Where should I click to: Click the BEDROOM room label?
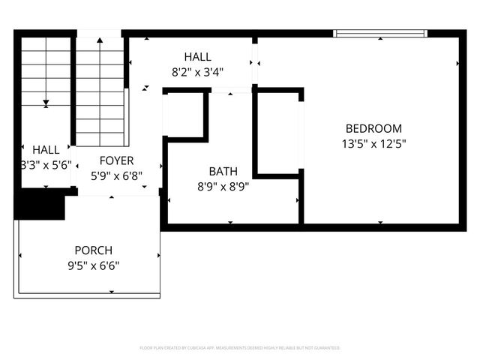coord(373,128)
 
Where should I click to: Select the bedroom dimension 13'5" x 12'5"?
coord(373,143)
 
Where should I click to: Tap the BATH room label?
coord(223,171)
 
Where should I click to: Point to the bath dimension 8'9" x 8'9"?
coord(223,186)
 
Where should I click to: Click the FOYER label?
coord(116,160)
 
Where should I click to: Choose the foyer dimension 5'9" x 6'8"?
coord(116,175)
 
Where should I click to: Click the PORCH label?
coord(93,250)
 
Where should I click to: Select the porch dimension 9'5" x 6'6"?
coord(93,265)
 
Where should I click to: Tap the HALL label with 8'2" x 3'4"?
coord(198,57)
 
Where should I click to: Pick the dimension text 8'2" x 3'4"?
coord(198,72)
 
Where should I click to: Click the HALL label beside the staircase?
coord(46,150)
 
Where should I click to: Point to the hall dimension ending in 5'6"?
coord(46,165)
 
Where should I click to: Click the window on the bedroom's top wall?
coord(379,33)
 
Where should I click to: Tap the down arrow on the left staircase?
coord(46,102)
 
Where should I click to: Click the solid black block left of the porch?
coord(37,203)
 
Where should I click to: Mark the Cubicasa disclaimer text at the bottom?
coord(240,348)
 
